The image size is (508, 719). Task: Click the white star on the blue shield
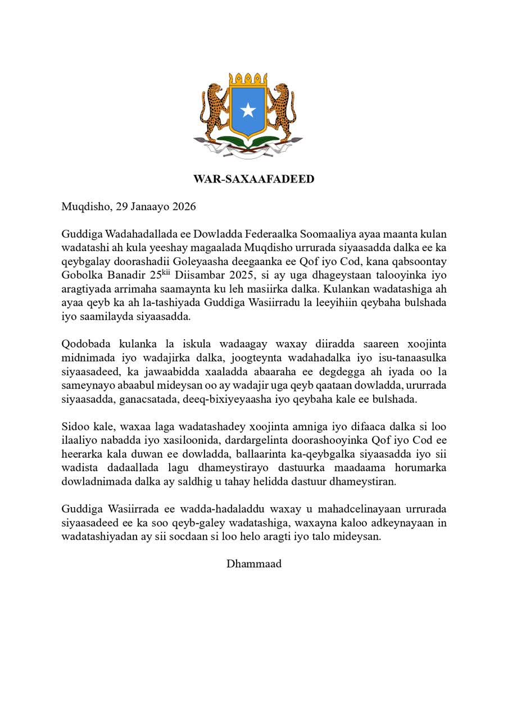tap(248, 110)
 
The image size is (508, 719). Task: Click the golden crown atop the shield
tap(248, 78)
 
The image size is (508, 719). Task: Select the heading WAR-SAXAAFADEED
tap(254, 179)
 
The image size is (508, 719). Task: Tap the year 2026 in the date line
tap(184, 206)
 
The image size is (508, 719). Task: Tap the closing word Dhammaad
tap(254, 563)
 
